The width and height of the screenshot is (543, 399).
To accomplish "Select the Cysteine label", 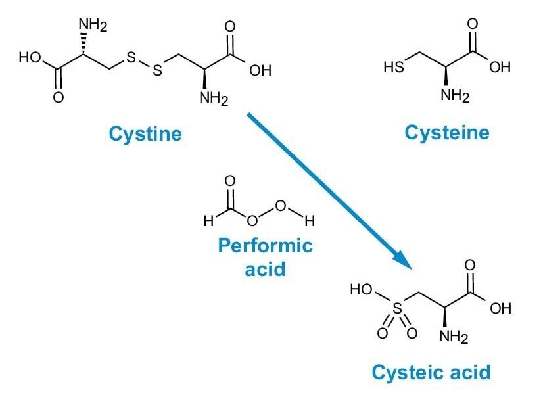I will [x=447, y=133].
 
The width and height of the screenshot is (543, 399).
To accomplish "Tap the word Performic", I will [x=265, y=246].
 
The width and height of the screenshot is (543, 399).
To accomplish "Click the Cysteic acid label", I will [x=431, y=373].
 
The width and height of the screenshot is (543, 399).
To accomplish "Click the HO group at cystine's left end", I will [x=30, y=57].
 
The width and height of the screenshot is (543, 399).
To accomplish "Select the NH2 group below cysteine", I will [x=455, y=96].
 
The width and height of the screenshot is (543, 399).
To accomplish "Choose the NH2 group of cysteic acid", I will [x=454, y=339].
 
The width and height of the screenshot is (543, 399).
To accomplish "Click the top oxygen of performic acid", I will [x=230, y=181].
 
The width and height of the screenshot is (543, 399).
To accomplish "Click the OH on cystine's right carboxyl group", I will [x=260, y=70].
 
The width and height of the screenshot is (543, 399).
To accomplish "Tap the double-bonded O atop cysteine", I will [x=471, y=24].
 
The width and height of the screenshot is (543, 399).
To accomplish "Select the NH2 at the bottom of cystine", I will [x=214, y=101].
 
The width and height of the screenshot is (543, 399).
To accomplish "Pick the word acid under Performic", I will [x=265, y=268].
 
